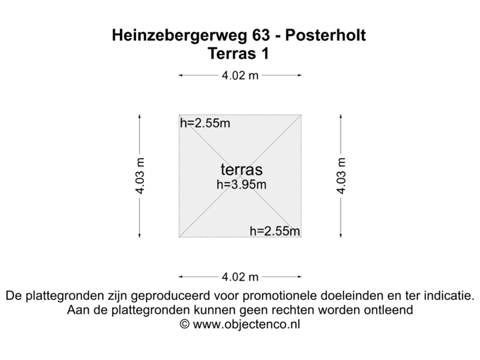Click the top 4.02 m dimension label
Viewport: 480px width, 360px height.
pos(240,75)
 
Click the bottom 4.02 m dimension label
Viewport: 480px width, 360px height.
pos(240,276)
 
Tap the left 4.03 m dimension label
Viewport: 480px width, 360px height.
pos(140,175)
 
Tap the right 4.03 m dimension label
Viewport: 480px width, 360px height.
pos(341,175)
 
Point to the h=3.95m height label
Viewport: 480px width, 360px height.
pos(241,184)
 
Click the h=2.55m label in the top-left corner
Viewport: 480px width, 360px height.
pos(205,123)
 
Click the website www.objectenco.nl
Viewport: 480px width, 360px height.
pos(247,325)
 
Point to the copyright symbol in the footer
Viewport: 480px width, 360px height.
pos(185,325)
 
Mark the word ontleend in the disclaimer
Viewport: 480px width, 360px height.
pos(390,310)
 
